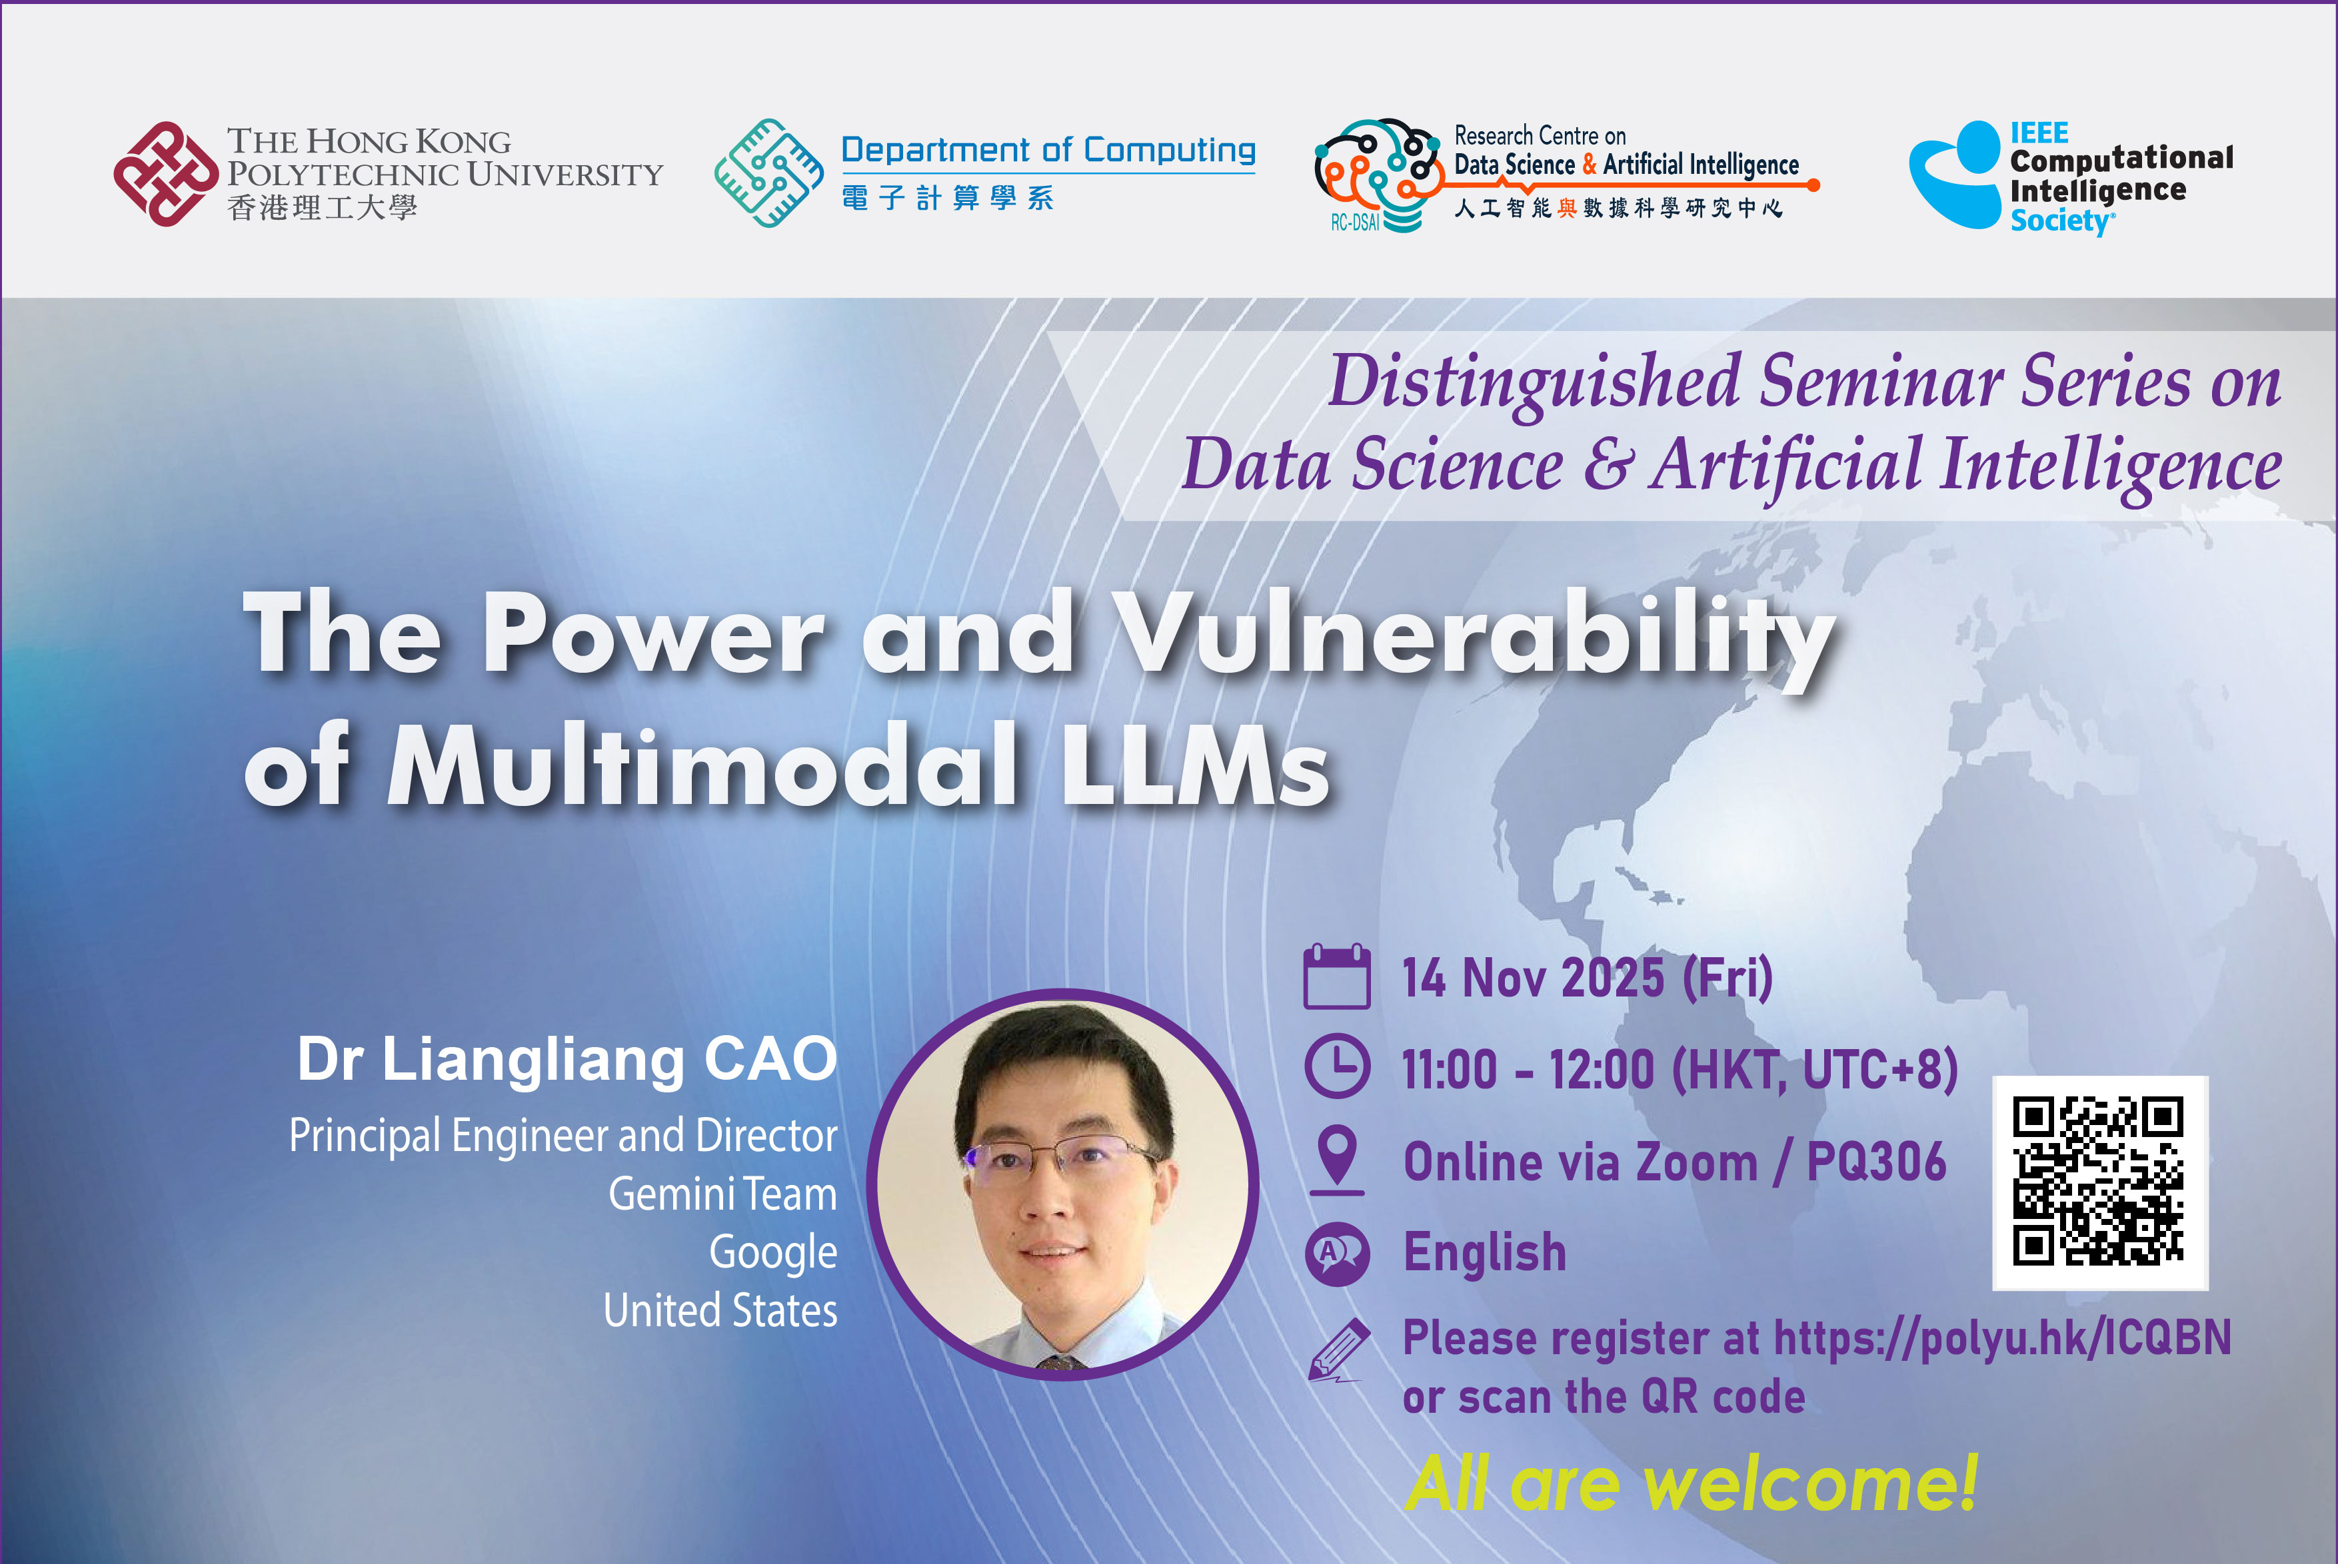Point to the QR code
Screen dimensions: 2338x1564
tap(2099, 1182)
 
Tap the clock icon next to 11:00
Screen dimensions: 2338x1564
tap(1337, 1067)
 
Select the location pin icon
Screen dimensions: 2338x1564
tap(1337, 1160)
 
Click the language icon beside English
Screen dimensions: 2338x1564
tap(1337, 1253)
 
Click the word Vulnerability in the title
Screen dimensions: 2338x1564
tap(1475, 637)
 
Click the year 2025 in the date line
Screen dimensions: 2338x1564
tap(1613, 978)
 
